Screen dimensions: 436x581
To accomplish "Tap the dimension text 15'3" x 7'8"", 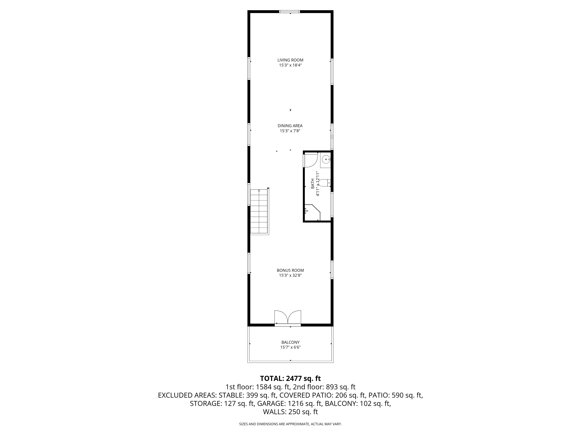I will [x=290, y=131].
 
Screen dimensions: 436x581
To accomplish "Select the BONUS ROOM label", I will [x=290, y=270].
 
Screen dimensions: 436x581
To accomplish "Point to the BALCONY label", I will [x=290, y=342].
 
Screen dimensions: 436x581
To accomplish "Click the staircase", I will [x=259, y=212].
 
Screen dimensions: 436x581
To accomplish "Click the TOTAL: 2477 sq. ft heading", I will [x=290, y=378].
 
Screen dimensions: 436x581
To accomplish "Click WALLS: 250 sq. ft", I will [x=290, y=412].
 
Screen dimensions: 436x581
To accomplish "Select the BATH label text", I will [x=313, y=184].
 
